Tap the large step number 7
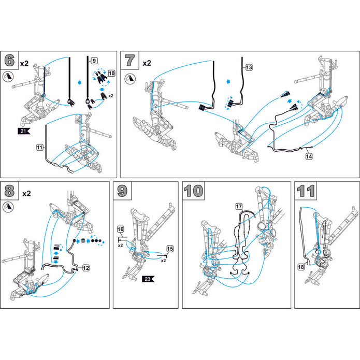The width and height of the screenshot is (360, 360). [130, 60]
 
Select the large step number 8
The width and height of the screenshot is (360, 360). [10, 191]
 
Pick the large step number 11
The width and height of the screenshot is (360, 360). [306, 191]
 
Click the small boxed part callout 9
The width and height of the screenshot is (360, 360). [94, 60]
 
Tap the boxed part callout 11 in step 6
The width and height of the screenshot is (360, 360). [39, 148]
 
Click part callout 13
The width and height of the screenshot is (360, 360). [249, 67]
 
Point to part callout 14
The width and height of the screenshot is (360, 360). [309, 155]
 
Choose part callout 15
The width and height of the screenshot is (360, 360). [170, 249]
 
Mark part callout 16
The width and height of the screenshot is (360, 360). [120, 229]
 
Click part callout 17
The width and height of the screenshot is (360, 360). [239, 206]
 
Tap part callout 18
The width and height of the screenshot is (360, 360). [301, 267]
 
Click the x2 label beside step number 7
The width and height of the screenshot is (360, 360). [147, 63]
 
